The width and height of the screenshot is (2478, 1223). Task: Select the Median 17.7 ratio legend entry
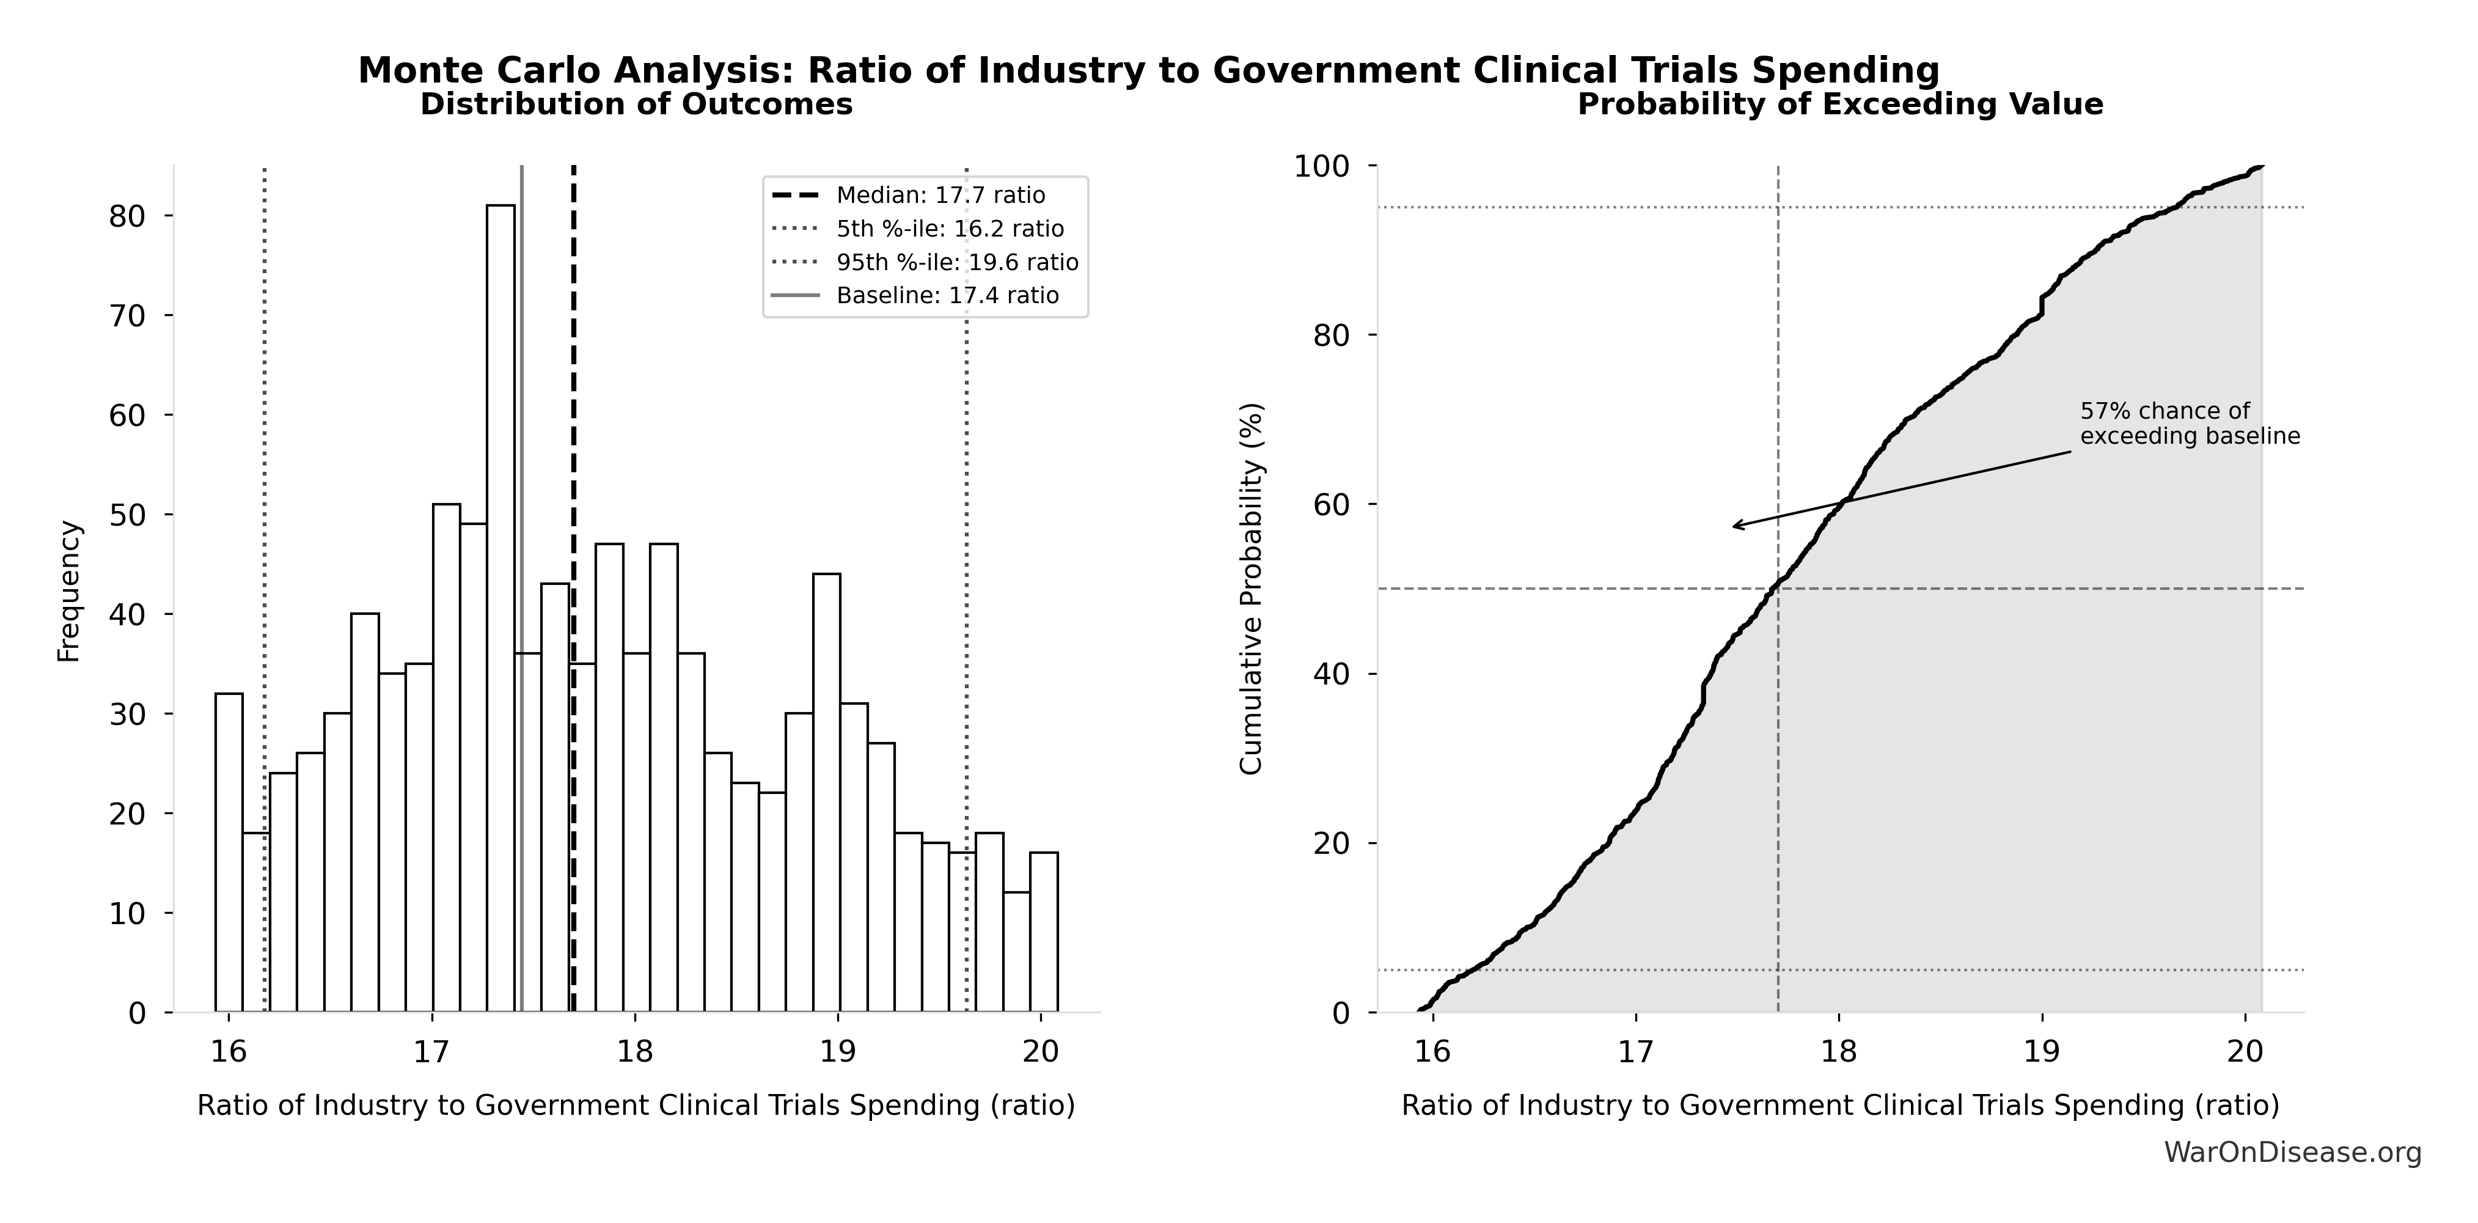tap(940, 196)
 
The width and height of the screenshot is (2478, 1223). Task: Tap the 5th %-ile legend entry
tap(950, 229)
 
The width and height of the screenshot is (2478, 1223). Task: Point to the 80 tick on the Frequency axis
tap(127, 216)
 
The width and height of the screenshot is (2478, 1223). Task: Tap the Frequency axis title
tap(69, 591)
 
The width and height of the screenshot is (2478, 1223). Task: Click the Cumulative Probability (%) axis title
tap(1250, 589)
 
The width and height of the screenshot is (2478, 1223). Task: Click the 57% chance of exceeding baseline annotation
tap(2190, 424)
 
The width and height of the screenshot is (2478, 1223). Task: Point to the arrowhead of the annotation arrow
tap(1734, 526)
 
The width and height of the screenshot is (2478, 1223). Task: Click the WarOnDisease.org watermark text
tap(2292, 1153)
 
